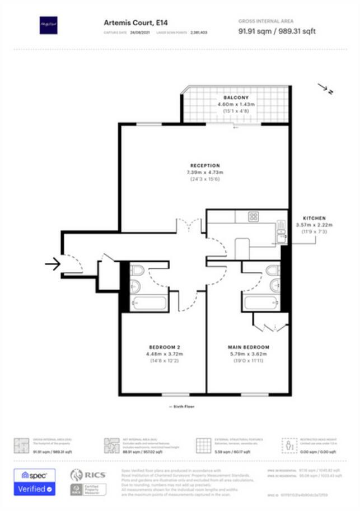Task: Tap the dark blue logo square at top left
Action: [x=48, y=25]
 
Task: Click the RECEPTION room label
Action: [x=205, y=165]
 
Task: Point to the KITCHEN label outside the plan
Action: [x=314, y=218]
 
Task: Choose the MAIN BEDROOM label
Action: [x=249, y=347]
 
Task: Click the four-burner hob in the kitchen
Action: [x=253, y=217]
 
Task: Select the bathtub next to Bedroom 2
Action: [x=148, y=303]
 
